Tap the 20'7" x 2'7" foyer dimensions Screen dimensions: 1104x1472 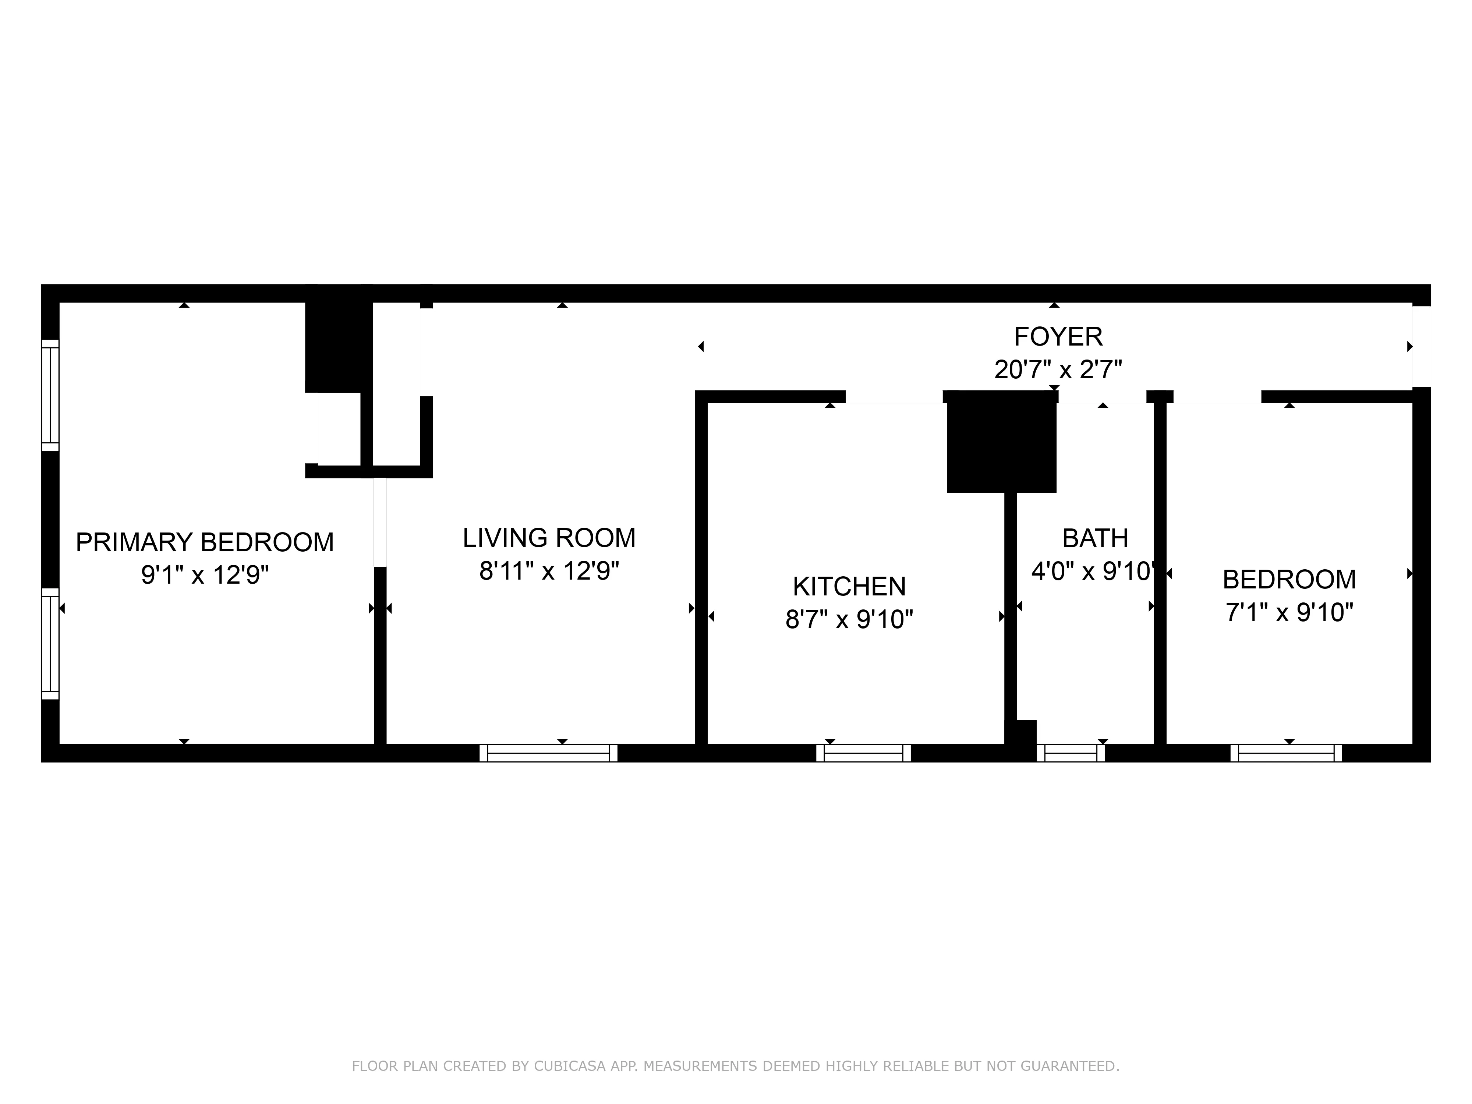[x=1058, y=369]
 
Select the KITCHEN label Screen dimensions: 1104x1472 [x=849, y=586]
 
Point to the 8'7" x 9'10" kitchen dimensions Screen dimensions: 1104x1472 [x=849, y=620]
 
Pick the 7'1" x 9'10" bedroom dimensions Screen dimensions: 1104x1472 [x=1289, y=612]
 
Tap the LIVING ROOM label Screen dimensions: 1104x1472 [x=549, y=538]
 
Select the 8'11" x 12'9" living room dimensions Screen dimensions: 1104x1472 [x=549, y=570]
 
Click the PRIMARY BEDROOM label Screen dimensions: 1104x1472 [x=204, y=542]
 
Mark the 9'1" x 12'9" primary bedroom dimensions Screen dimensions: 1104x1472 [x=204, y=574]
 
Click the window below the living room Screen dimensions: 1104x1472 [x=548, y=753]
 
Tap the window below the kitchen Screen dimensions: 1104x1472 [x=863, y=753]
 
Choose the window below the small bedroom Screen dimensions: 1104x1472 [x=1286, y=753]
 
